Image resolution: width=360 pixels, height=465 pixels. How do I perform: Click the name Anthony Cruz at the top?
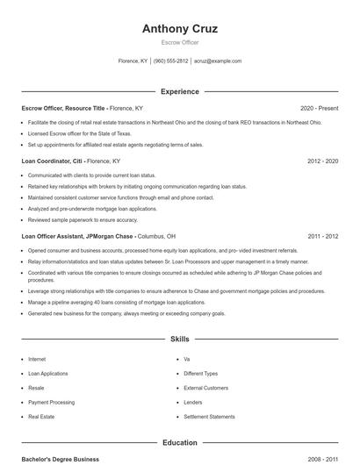tap(179, 28)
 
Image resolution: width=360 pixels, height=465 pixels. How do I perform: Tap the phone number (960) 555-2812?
tap(170, 61)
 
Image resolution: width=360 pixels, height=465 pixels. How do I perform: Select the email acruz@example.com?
tap(218, 61)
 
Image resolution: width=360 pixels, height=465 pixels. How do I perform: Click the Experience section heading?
tap(179, 91)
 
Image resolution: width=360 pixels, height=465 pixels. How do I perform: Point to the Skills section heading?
tap(179, 338)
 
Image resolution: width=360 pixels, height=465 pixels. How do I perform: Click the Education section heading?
tap(179, 443)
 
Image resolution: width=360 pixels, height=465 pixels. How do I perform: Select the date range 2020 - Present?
tap(319, 108)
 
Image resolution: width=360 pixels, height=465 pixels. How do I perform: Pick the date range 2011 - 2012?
tap(323, 236)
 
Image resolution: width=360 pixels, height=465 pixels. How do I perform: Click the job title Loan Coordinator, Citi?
tap(52, 161)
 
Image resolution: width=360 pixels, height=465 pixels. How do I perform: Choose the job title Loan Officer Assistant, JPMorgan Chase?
tap(77, 236)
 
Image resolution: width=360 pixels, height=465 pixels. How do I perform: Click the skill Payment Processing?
tap(51, 402)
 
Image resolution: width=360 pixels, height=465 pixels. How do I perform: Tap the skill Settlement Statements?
tap(209, 417)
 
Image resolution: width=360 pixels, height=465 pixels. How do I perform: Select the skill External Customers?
tap(205, 388)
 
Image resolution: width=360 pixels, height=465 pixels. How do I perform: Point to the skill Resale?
tap(37, 388)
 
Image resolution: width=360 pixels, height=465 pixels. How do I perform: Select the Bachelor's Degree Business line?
tap(61, 459)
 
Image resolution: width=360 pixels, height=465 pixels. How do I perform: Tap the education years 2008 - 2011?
tap(323, 459)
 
